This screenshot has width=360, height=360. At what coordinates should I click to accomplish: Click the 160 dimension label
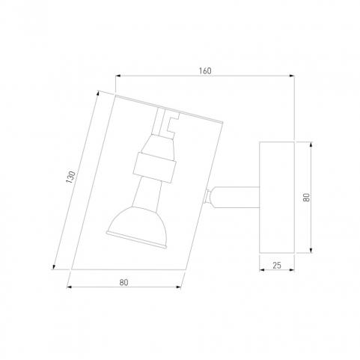(205, 71)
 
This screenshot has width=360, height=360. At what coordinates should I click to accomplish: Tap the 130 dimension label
(70, 177)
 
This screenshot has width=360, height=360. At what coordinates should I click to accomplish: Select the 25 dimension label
(277, 266)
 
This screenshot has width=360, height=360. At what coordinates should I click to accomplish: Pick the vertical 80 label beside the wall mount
(306, 198)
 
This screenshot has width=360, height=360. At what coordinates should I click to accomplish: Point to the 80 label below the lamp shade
(123, 282)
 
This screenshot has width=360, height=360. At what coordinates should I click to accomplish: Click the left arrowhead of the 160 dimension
(118, 76)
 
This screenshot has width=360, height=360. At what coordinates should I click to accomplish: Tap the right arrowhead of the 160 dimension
(291, 76)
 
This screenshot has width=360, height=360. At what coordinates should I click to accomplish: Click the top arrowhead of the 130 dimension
(97, 94)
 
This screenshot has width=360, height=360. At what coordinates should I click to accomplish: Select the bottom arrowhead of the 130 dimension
(54, 266)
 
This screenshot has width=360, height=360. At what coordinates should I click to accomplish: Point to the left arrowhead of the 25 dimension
(262, 269)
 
